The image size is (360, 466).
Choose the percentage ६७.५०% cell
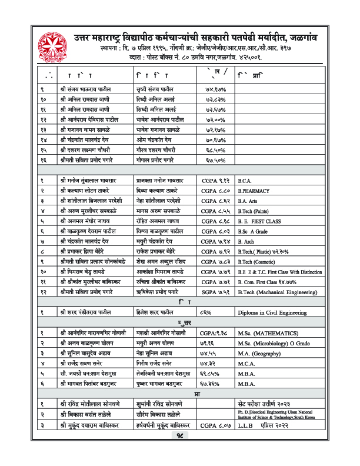point(209,159)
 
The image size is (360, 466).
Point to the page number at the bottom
point(180,451)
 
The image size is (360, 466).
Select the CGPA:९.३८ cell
point(214,333)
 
